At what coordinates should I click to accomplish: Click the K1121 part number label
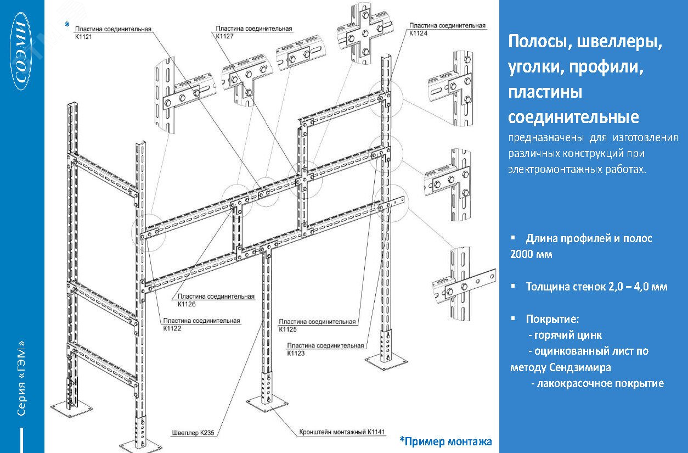pos(83,37)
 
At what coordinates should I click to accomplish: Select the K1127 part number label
pos(224,36)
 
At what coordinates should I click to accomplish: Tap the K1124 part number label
pos(418,33)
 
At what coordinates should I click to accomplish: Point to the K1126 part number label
pos(187,304)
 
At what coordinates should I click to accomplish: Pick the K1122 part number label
pos(172,328)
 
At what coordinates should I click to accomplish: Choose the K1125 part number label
pos(288,329)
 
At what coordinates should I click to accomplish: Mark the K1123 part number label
pos(296,353)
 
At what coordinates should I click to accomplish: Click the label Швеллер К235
pos(193,433)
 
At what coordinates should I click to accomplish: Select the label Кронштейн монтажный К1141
pos(342,432)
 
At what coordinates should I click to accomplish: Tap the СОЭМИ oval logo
pos(21,51)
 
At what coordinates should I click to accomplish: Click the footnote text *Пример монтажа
pos(445,441)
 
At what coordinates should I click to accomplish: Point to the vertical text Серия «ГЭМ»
pos(21,378)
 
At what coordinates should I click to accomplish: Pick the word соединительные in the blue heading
pos(573,117)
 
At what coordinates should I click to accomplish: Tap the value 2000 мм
pos(531,254)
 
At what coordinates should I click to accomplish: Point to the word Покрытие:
pos(552,319)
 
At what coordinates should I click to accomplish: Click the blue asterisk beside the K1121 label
pos(67,25)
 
